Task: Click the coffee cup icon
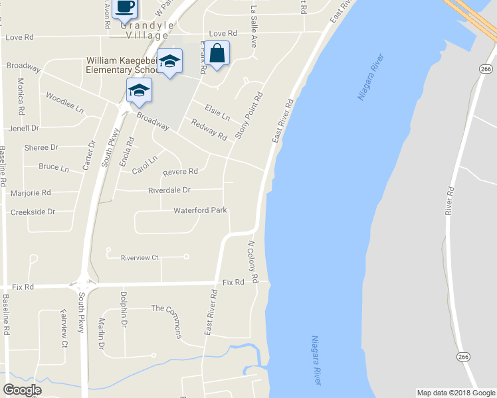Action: click(124, 7)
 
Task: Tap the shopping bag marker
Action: click(217, 53)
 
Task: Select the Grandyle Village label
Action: click(147, 30)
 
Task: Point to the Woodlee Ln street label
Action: click(65, 101)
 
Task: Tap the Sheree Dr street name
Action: click(41, 147)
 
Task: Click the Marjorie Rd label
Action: click(31, 193)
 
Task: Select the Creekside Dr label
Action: click(33, 212)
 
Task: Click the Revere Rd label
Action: click(180, 171)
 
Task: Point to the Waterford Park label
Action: click(200, 210)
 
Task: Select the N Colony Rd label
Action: click(252, 259)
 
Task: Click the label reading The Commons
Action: click(166, 308)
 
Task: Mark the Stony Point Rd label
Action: click(249, 115)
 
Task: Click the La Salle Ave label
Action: click(253, 27)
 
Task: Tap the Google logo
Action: click(22, 390)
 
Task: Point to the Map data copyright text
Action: click(456, 393)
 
